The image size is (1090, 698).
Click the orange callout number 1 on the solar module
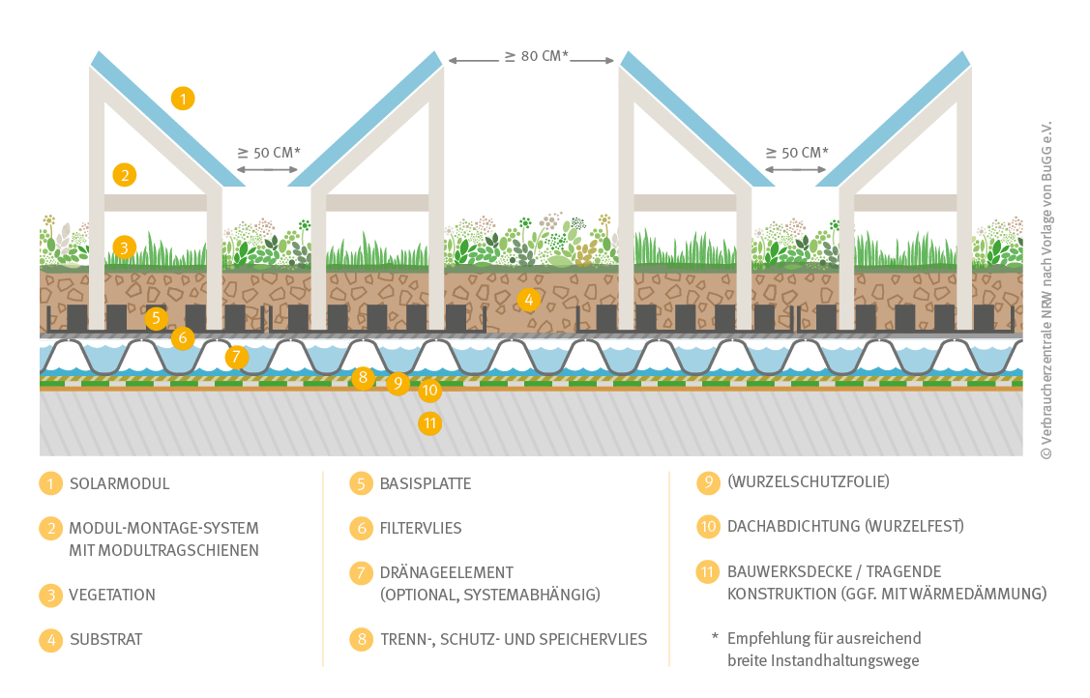coord(183,98)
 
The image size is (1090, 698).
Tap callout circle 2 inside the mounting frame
coord(124,175)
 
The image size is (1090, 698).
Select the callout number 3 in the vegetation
coord(124,247)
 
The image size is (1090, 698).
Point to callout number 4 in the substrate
coord(527,300)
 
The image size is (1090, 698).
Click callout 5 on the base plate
coord(157,317)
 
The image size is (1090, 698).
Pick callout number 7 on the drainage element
coord(237,357)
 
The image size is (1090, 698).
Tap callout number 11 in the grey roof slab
coord(430,422)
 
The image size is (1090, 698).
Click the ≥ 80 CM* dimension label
coord(531,56)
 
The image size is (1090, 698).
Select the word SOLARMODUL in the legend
coord(119,483)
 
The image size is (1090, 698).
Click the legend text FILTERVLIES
coord(421,529)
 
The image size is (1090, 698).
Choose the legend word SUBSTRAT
coord(106,640)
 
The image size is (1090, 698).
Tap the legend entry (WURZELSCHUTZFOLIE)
coord(808,481)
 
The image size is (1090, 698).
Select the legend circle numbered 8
coord(361,639)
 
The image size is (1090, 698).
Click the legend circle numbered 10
coord(708,526)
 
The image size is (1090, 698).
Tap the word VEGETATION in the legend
coord(112,596)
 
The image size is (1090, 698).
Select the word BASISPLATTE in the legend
coord(426,483)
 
